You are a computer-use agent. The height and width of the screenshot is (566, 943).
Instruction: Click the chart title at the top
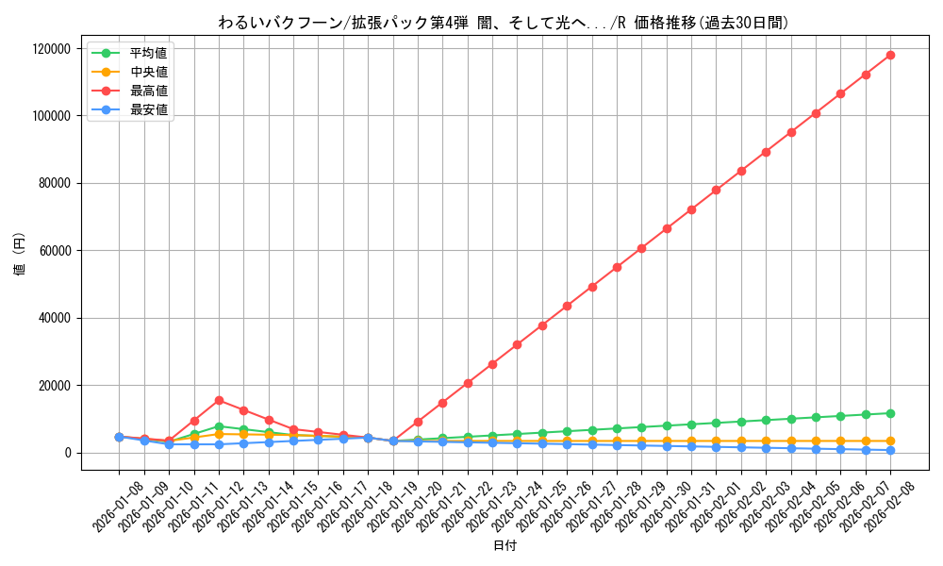coord(503,23)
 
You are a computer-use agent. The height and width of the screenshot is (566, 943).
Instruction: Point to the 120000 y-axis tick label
coord(53,49)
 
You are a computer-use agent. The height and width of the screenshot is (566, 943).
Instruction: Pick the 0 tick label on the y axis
coord(69,453)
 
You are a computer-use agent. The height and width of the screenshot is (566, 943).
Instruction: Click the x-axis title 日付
coord(505,545)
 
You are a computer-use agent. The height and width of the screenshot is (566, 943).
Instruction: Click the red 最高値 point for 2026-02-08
coord(890,55)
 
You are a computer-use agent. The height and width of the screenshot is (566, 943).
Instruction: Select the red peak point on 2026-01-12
coord(219,400)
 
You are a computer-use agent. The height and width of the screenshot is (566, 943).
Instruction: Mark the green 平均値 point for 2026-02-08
coord(890,413)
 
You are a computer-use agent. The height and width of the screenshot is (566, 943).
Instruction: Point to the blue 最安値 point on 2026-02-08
coord(890,450)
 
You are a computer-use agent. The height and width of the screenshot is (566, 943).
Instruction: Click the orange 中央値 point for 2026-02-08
coord(890,441)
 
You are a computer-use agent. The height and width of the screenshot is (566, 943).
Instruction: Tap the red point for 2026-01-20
coord(418,422)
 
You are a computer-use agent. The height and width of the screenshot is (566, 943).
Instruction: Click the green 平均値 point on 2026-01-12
coord(219,426)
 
